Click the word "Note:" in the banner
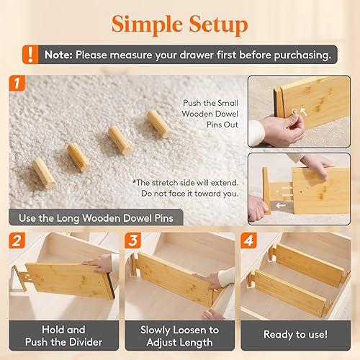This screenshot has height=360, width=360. pyautogui.click(x=57, y=54)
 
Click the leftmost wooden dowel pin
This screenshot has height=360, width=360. pyautogui.click(x=42, y=173)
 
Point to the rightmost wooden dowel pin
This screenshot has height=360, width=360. pyautogui.click(x=159, y=123)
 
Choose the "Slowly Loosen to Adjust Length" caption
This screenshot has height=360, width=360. pyautogui.click(x=181, y=334)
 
